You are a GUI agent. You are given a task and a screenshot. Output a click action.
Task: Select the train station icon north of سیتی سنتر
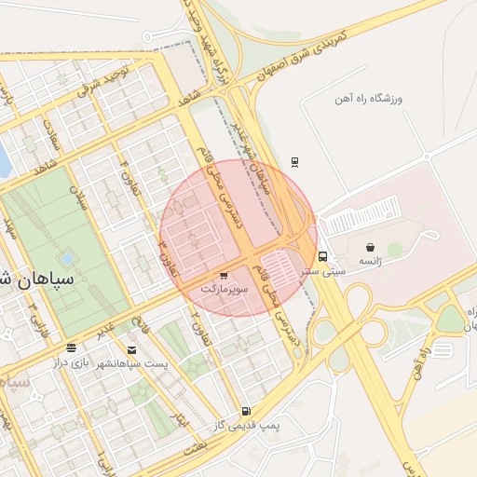coord(295,161)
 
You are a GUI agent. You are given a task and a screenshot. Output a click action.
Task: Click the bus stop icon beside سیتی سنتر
coord(322,256)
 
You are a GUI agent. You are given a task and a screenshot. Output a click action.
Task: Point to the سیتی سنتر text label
coord(328,271)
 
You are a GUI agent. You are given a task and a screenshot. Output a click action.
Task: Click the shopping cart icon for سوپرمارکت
coord(224,277)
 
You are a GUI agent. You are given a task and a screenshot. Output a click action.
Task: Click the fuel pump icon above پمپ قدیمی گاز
coord(245,411)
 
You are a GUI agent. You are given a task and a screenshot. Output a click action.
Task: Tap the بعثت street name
coord(195,448)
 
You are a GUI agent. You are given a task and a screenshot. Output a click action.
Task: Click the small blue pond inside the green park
coord(66,258)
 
